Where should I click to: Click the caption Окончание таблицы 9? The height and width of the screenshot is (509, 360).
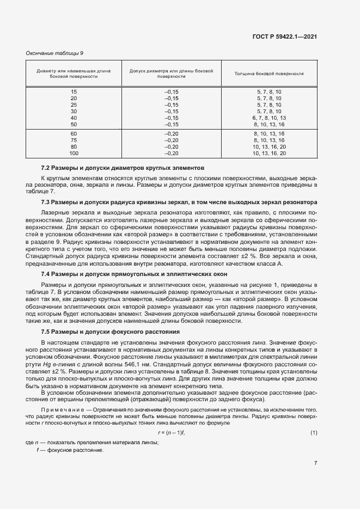[54, 53]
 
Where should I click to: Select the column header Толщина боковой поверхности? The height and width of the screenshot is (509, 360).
[269, 73]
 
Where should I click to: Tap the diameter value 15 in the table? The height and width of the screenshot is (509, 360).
[74, 91]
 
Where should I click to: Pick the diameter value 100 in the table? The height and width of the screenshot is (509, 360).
[74, 154]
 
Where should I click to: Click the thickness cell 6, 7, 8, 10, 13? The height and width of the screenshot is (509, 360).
[269, 118]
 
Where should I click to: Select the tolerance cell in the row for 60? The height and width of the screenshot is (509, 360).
[172, 134]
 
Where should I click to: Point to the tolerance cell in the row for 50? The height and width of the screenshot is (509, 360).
[172, 124]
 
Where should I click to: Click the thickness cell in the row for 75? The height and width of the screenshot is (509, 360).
[269, 140]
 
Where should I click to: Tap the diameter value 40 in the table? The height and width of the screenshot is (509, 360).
[74, 118]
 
